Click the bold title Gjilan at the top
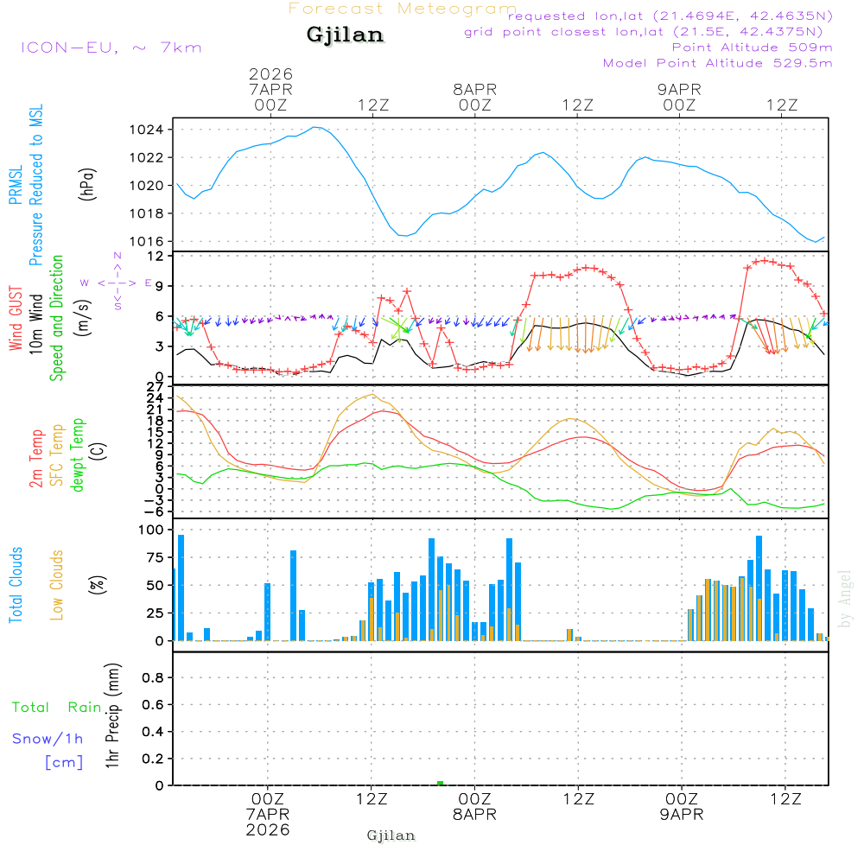346,35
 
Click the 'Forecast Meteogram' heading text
403,9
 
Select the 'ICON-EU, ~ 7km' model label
111,48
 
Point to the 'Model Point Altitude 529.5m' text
717,63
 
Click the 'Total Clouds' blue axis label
16,585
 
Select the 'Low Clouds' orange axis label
57,585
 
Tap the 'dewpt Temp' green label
78,455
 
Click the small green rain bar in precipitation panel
441,783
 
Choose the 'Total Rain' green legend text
56,708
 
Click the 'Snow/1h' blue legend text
48,739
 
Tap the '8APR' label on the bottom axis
474,815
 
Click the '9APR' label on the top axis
679,89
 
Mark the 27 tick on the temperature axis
156,386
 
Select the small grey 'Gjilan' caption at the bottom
391,835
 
